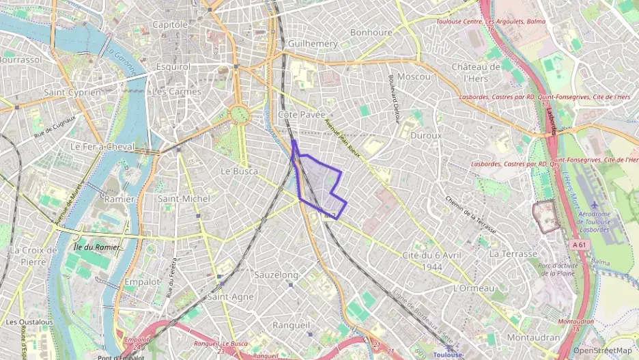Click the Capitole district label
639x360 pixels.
pyautogui.click(x=169, y=25)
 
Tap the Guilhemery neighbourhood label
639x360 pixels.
pyautogui.click(x=313, y=43)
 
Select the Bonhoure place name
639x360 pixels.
pyautogui.click(x=371, y=32)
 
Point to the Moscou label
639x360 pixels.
pyautogui.click(x=414, y=77)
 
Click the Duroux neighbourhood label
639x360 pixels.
pyautogui.click(x=427, y=135)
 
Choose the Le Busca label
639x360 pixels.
pyautogui.click(x=240, y=171)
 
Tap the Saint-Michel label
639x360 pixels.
pyautogui.click(x=184, y=198)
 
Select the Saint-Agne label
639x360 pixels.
pyautogui.click(x=231, y=296)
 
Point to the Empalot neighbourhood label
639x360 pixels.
pyautogui.click(x=142, y=281)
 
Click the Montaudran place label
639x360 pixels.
pyautogui.click(x=533, y=337)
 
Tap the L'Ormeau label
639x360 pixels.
pyautogui.click(x=474, y=288)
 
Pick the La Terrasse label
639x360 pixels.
pyautogui.click(x=513, y=253)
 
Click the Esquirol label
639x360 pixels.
pyautogui.click(x=173, y=67)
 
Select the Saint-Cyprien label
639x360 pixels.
pyautogui.click(x=72, y=92)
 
